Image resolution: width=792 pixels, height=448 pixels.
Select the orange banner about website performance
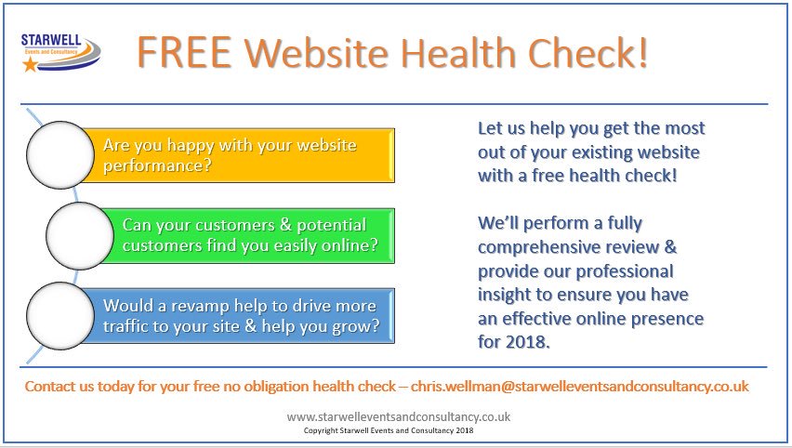click(x=246, y=155)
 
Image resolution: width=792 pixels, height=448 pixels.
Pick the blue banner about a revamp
click(x=246, y=315)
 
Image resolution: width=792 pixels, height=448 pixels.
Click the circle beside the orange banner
click(x=60, y=155)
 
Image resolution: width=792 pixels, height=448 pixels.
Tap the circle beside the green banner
click(x=79, y=236)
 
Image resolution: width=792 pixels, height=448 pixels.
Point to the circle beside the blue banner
click(x=60, y=315)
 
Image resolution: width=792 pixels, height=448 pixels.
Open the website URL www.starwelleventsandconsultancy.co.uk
click(x=398, y=417)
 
